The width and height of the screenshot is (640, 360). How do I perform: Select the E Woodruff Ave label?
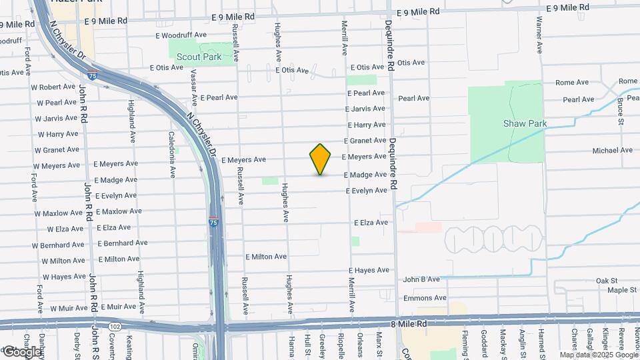click(x=181, y=35)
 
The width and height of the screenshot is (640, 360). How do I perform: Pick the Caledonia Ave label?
click(x=172, y=153)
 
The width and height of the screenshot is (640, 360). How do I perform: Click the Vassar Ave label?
click(x=194, y=87)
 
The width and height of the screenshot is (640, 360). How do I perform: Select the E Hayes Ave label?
click(x=369, y=271)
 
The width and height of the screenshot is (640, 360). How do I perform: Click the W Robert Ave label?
click(x=54, y=87)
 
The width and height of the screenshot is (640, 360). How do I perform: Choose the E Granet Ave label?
click(x=365, y=141)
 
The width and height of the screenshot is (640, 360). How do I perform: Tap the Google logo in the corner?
click(x=21, y=351)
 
